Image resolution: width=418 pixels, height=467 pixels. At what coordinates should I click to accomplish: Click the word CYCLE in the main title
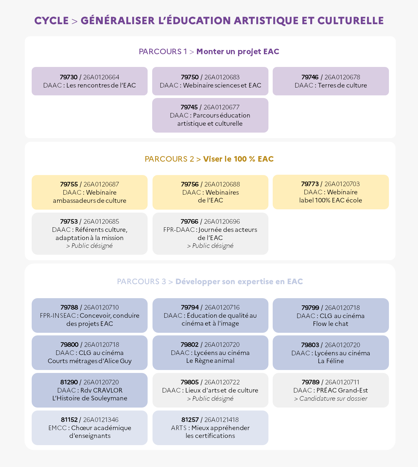51,21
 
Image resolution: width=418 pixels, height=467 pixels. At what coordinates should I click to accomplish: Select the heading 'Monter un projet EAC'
238,52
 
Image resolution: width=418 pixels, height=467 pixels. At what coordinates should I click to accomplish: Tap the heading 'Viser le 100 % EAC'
238,159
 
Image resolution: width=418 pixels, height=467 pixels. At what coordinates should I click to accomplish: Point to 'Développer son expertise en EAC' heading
239,282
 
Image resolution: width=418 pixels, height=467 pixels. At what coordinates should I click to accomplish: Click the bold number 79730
69,77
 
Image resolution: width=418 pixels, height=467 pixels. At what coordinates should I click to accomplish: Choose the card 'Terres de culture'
330,81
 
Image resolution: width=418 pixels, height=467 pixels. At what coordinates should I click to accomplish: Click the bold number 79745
189,107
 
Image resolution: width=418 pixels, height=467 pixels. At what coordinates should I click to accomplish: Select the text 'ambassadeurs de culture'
89,201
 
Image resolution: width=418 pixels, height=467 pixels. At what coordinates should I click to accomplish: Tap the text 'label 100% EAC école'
330,200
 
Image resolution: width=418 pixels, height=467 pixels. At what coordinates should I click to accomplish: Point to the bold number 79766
189,221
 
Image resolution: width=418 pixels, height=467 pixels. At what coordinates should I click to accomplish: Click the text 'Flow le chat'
330,324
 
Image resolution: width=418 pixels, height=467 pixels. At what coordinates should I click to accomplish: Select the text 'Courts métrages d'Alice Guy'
89,361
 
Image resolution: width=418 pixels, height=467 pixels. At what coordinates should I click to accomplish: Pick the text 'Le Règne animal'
210,361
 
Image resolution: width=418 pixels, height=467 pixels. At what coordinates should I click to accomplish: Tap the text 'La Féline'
330,361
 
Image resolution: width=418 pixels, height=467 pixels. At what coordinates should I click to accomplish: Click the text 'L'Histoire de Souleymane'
90,398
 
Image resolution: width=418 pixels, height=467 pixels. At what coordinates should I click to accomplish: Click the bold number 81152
69,420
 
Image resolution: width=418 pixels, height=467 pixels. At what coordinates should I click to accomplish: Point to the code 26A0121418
221,420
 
